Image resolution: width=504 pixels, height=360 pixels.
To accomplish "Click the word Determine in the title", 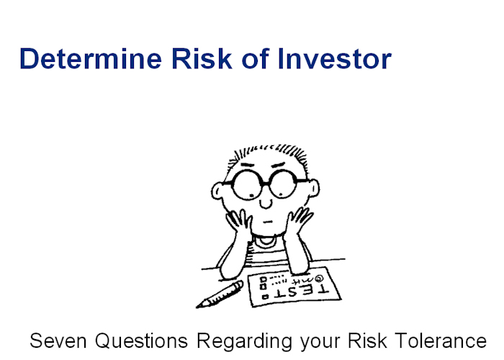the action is [91, 58].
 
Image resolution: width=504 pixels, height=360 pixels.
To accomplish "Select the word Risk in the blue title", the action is [202, 58].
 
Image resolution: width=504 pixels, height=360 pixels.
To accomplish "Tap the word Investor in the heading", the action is [334, 58].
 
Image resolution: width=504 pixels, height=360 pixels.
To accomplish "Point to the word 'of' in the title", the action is [255, 58].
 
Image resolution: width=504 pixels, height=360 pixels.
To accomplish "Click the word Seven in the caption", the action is [58, 341].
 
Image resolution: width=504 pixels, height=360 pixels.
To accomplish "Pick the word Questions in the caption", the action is [141, 341].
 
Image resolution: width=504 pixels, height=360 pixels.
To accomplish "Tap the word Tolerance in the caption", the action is [441, 341].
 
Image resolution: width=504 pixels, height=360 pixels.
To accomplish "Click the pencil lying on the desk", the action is [220, 294].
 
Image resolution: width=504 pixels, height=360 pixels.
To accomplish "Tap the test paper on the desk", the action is [294, 287].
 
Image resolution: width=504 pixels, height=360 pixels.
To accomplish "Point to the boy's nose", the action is [266, 203].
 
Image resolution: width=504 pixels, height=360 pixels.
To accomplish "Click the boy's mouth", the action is [268, 222].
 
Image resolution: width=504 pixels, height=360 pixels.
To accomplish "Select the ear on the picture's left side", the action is [218, 191].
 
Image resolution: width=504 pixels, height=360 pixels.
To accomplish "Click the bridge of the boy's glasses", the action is [266, 184].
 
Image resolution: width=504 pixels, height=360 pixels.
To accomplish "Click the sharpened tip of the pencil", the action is [197, 307].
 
